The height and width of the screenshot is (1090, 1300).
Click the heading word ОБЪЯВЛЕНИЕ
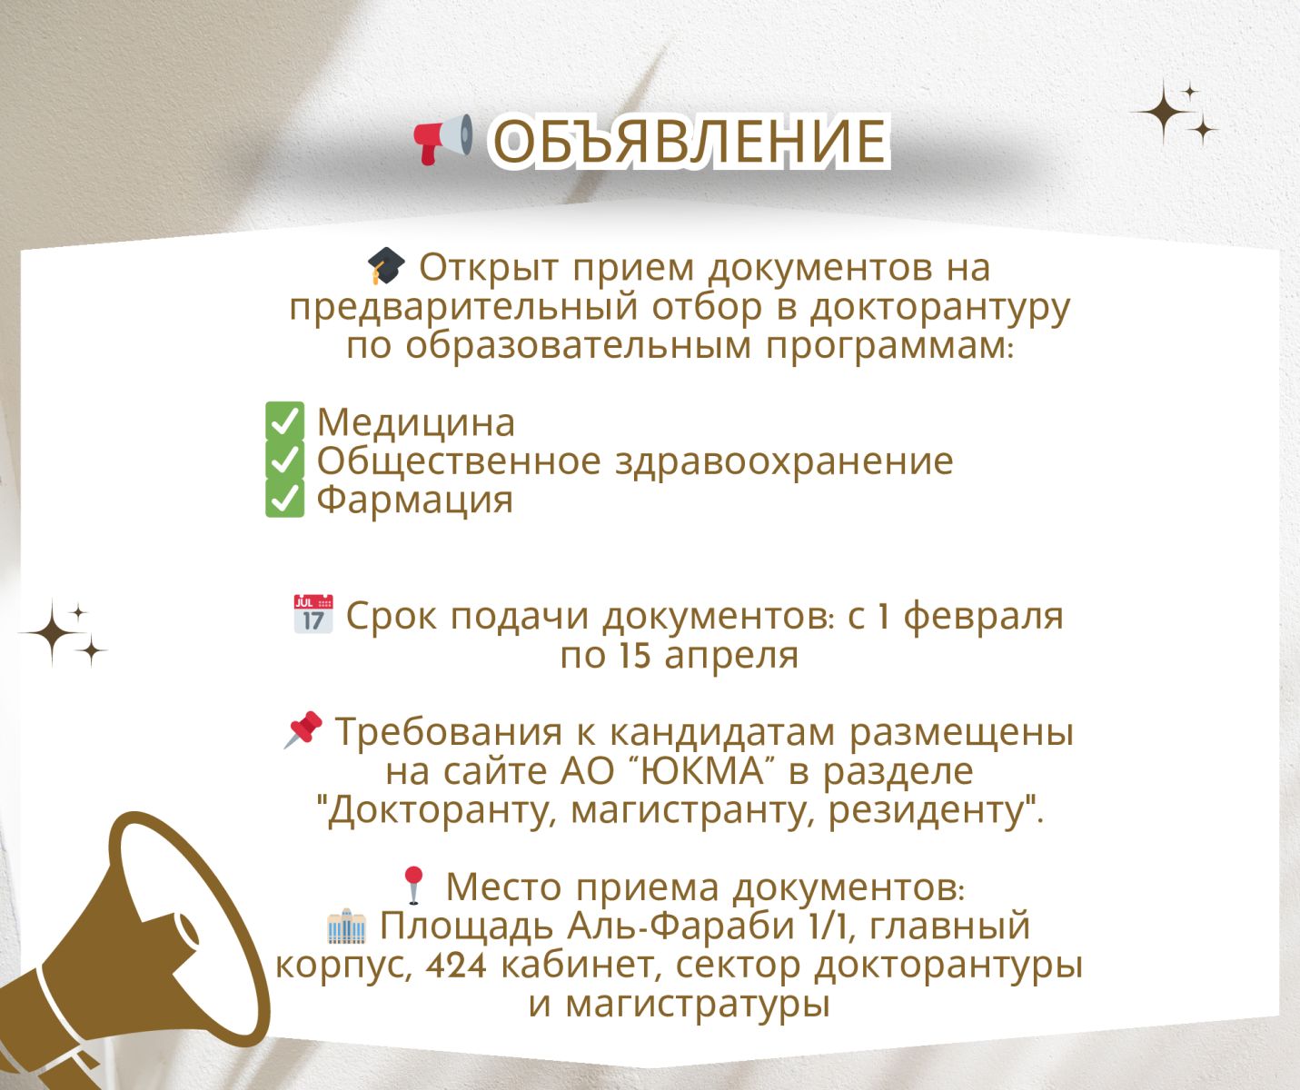point(690,142)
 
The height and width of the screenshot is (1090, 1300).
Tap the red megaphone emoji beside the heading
point(443,140)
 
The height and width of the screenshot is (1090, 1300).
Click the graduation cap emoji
point(386,266)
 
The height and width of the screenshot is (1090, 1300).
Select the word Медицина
point(416,422)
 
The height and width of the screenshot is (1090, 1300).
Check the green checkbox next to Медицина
point(285,421)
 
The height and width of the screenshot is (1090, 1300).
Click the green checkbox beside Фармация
point(285,498)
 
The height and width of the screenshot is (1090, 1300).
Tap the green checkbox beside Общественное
point(285,460)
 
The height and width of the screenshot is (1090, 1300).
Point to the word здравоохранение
point(785,462)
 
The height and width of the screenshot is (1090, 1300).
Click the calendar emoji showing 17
point(313,614)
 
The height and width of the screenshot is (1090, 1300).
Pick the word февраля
point(984,617)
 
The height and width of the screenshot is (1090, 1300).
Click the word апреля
point(731,656)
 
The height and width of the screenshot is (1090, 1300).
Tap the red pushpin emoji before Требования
point(303,729)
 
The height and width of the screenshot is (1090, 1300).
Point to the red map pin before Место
point(413,885)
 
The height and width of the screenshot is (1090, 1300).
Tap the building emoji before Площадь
point(347,926)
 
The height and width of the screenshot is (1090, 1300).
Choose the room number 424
point(456,966)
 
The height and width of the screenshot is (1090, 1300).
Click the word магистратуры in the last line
point(698,1006)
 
